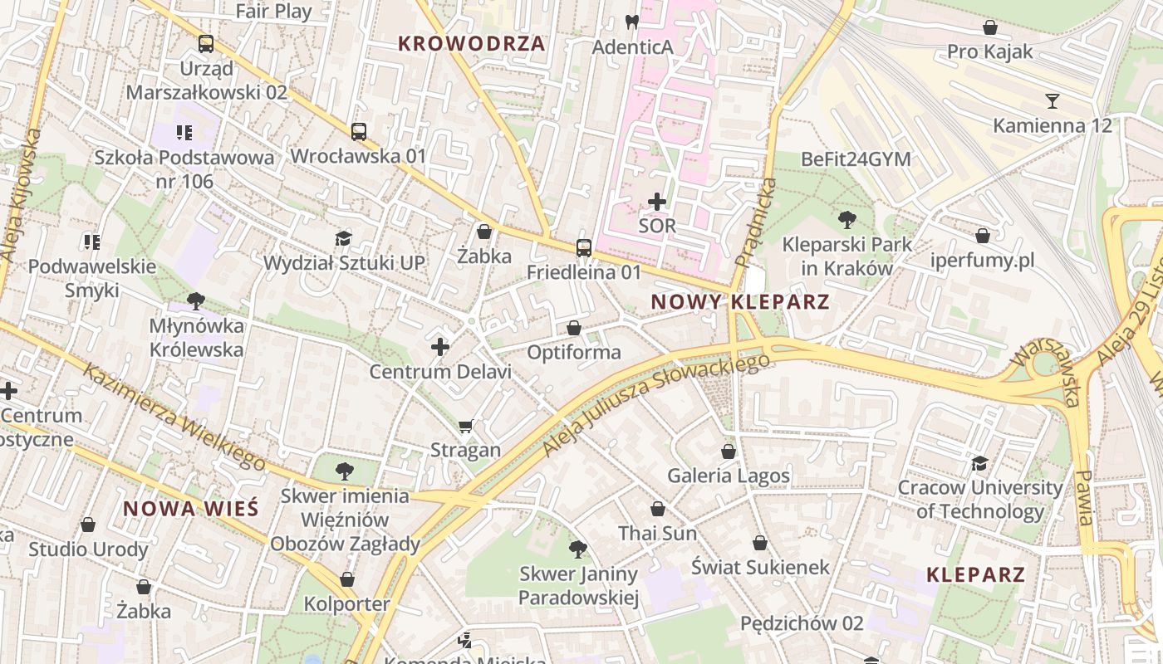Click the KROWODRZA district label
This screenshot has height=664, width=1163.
point(471,44)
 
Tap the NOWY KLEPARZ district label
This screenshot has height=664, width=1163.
point(740,302)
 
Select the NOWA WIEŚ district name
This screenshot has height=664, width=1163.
point(191,509)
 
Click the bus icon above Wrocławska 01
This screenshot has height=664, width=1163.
point(359,132)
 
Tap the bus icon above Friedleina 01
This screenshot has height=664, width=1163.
point(584,248)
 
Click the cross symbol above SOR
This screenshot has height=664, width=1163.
point(657,202)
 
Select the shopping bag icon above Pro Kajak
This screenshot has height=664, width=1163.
point(990,28)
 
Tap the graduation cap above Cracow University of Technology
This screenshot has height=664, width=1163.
point(980,463)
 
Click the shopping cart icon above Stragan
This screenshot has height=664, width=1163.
point(466,427)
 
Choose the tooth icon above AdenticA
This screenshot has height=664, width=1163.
point(631,22)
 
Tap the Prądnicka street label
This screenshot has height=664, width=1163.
point(756,222)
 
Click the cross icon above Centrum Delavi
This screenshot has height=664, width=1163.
point(440,347)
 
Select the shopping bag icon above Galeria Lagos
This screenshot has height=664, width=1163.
point(729,452)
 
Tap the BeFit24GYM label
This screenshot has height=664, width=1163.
point(856,159)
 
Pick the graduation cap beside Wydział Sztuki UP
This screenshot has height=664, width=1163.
point(344,239)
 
